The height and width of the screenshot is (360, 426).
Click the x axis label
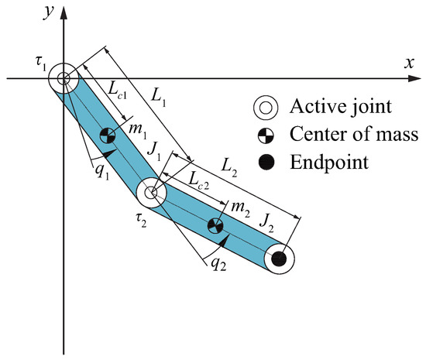point(410,63)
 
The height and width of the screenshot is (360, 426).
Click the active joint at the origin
point(64,78)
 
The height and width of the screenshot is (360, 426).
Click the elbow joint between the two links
point(152,191)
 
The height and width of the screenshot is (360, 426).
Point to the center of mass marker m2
point(216,225)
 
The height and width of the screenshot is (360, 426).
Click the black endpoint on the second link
point(280,258)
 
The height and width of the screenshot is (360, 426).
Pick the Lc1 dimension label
point(106,91)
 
